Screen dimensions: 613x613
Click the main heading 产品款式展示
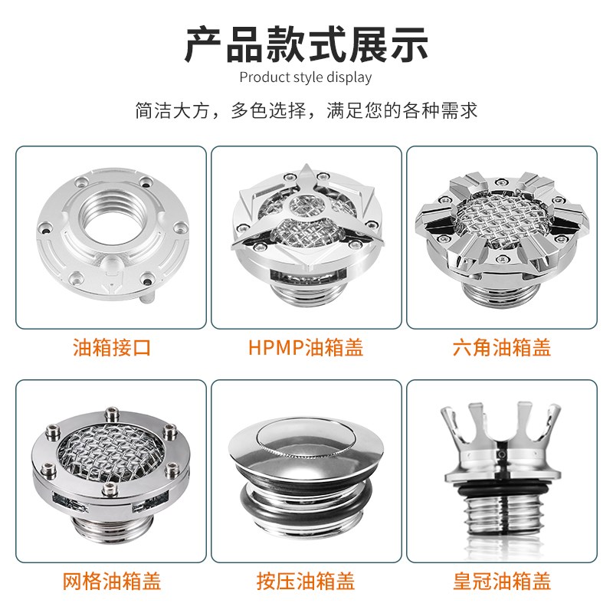[306, 44]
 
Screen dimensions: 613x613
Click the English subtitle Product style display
[306, 77]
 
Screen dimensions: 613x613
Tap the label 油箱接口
[111, 348]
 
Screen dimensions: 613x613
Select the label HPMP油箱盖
[306, 348]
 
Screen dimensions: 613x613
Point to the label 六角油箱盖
[502, 348]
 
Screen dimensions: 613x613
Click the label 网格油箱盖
[111, 580]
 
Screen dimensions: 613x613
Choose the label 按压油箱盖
[306, 580]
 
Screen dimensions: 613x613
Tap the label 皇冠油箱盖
[502, 580]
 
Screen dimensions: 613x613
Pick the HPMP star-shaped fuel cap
[306, 222]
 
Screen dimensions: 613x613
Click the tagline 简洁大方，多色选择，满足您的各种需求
[306, 110]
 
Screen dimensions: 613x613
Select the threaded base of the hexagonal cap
[502, 290]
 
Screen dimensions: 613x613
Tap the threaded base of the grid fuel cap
[112, 528]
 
